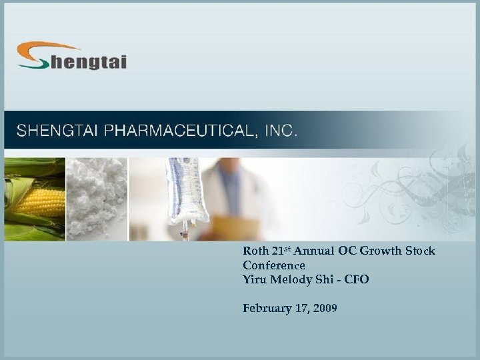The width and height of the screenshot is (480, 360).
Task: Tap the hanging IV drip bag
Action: coord(187,193)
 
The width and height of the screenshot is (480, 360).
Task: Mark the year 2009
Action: coord(324,308)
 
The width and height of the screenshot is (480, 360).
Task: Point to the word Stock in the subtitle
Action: coord(421,252)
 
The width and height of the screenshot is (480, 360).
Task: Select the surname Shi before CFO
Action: coord(327,279)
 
